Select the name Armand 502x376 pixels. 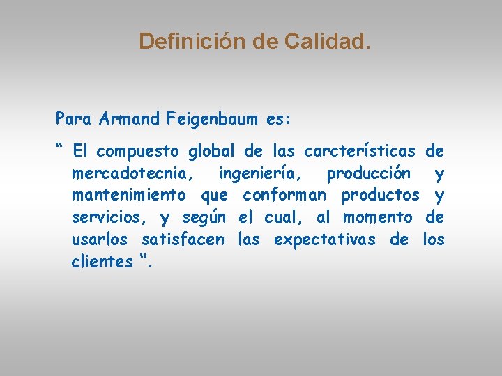pos(130,119)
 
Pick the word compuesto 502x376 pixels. pos(139,151)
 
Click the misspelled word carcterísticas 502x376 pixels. pos(360,150)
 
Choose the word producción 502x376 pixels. pos(368,173)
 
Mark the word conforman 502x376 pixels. pos(284,195)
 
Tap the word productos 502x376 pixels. pos(381,196)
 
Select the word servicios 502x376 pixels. pos(109,217)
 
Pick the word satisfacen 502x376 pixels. pos(183,240)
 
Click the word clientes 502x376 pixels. pos(102,262)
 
